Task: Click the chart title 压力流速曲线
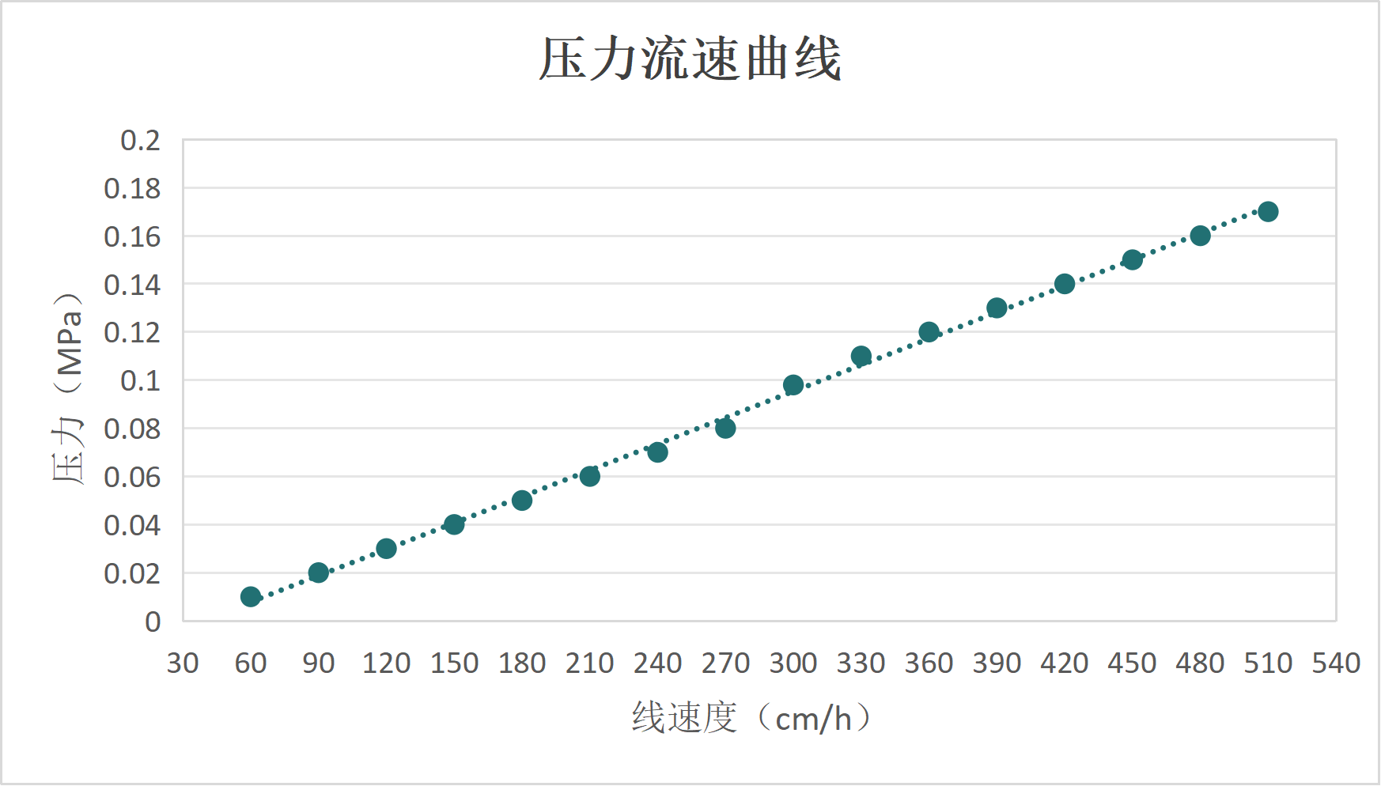[x=690, y=59]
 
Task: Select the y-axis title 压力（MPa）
[x=68, y=387]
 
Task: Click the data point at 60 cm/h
[x=251, y=596]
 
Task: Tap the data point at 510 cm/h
[x=1268, y=211]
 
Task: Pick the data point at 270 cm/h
[x=725, y=428]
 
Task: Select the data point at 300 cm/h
[x=793, y=385]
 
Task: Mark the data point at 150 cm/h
[x=454, y=524]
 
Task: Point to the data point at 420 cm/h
[x=1065, y=284]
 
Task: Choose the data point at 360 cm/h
[x=929, y=332]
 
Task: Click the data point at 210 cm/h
[x=589, y=476]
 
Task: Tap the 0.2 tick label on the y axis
[x=140, y=141]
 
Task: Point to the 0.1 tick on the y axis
[x=140, y=380]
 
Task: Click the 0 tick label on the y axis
[x=153, y=622]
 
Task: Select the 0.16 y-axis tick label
[x=132, y=236]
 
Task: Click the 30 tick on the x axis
[x=183, y=663]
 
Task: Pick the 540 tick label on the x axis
[x=1336, y=663]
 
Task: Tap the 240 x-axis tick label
[x=657, y=663]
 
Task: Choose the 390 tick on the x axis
[x=997, y=663]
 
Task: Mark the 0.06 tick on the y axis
[x=132, y=477]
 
